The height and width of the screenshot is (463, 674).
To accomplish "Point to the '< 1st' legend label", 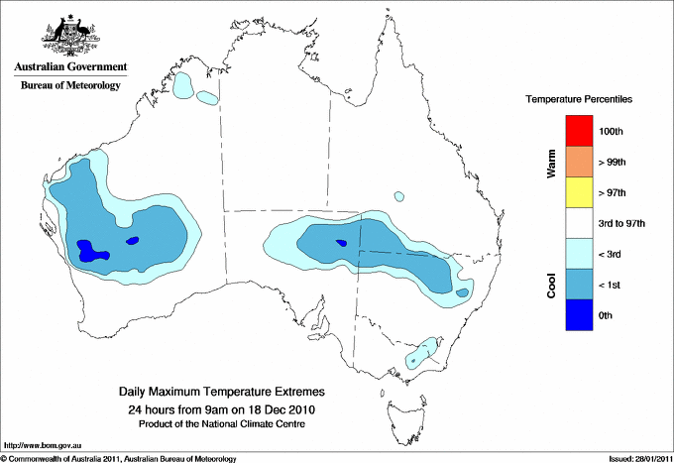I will tap(613, 286).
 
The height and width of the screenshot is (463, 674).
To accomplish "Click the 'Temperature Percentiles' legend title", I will tap(579, 100).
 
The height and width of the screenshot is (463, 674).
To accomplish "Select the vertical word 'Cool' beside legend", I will tap(552, 286).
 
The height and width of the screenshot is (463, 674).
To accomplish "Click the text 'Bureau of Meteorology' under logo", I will tap(70, 85).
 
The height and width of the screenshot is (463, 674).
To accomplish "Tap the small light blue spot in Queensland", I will tap(398, 196).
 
